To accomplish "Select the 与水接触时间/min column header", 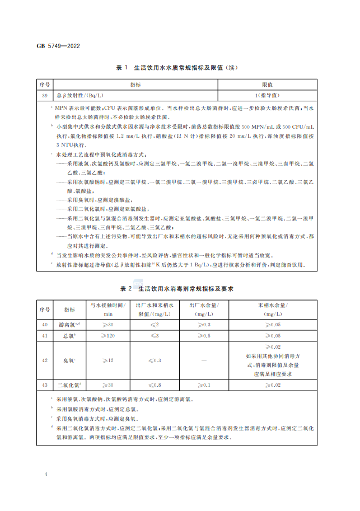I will coord(106,309).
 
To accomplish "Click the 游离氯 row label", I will coord(70,325).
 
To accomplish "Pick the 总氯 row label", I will coord(70,335).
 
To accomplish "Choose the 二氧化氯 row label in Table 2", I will coord(70,385).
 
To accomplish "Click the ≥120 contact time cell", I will coord(106,335).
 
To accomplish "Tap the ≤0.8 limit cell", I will coord(153,385).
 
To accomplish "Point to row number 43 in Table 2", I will coord(44,385).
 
